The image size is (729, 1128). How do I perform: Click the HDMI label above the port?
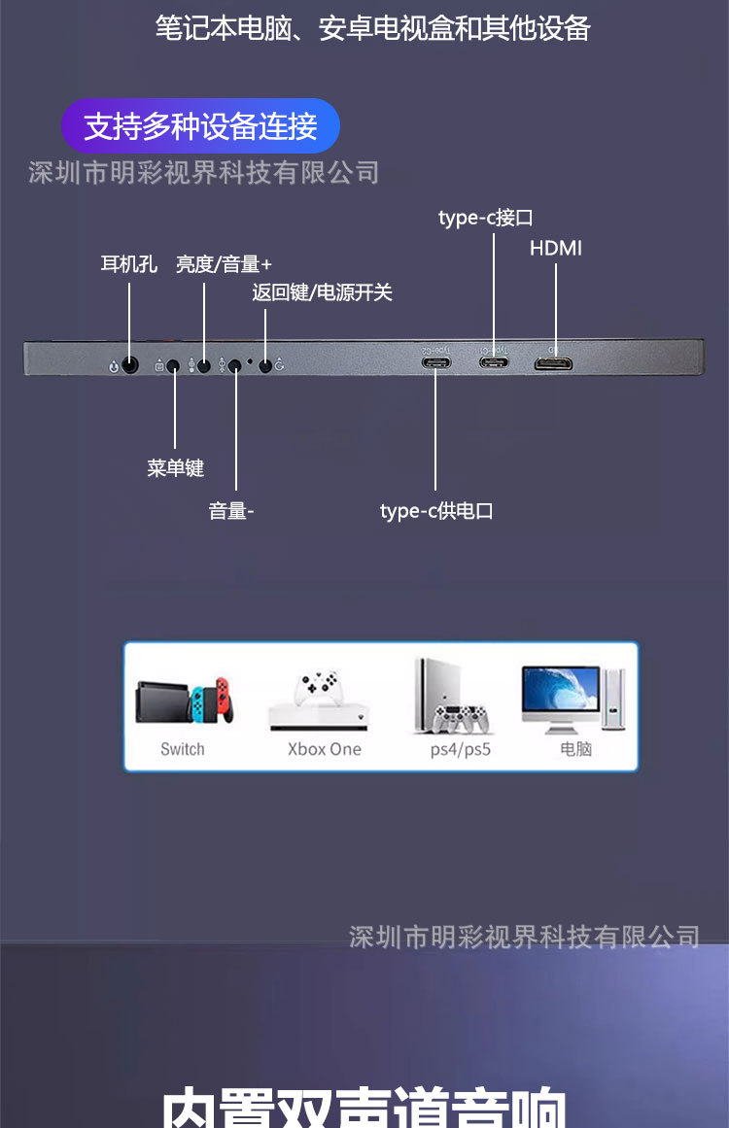point(556,248)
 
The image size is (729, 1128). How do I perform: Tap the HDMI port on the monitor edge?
point(553,364)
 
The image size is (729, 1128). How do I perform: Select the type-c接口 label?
point(485,218)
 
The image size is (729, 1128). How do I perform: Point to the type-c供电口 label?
point(436,510)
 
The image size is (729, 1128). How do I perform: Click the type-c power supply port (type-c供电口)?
point(435,364)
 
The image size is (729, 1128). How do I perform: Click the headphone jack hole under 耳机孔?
point(130,365)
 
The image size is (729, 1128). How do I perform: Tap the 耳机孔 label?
point(128,264)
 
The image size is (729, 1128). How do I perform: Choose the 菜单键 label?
point(175,468)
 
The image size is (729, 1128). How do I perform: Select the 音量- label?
point(231,511)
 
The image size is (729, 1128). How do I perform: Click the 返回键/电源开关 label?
point(322,292)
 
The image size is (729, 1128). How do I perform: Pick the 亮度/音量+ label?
point(224,264)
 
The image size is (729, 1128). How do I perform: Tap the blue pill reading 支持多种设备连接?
point(200,126)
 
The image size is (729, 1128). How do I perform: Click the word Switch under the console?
point(183,749)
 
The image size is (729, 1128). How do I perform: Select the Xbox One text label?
point(324,749)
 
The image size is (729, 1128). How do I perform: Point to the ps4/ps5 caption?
point(461,749)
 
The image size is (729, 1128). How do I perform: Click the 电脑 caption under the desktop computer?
point(575,749)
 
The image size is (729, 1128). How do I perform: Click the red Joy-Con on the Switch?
point(224,697)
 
